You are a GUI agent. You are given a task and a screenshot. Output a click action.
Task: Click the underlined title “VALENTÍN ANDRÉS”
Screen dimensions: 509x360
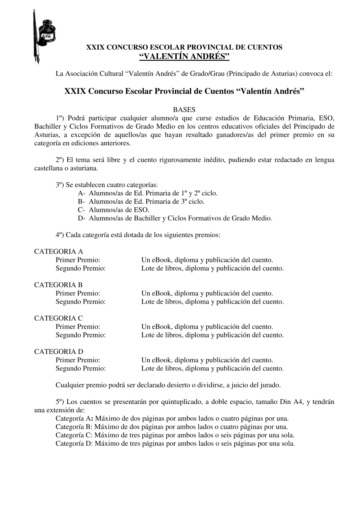click(184, 56)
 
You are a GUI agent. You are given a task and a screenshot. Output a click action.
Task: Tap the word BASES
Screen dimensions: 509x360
click(184, 110)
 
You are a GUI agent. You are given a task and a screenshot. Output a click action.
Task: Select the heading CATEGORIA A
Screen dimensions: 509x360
click(59, 251)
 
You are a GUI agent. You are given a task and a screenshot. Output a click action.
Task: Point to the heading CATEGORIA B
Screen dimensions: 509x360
click(58, 285)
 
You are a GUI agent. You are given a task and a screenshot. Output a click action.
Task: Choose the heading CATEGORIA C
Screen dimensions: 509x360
click(58, 318)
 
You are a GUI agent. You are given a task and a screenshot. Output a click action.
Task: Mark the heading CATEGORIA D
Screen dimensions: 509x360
click(59, 351)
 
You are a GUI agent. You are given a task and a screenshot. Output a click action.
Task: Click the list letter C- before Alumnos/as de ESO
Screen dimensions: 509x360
click(81, 210)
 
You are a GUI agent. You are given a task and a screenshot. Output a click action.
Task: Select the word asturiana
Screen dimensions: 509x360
click(85, 168)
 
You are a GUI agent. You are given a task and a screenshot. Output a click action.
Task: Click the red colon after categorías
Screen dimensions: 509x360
click(157, 185)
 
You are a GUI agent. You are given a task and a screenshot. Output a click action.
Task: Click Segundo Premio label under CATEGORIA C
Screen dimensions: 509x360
click(81, 335)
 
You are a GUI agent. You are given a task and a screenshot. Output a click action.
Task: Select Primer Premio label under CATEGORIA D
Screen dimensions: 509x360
click(78, 360)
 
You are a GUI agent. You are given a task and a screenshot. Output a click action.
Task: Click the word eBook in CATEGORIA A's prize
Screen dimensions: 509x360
click(162, 260)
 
